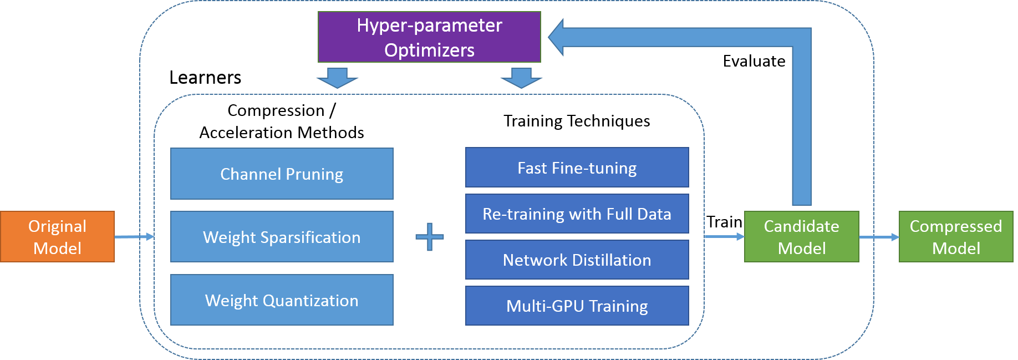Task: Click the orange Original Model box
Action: click(x=57, y=237)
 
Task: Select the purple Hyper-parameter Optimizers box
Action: click(x=429, y=37)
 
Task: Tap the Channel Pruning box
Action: click(x=282, y=174)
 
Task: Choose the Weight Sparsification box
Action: click(x=282, y=237)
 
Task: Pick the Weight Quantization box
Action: click(x=282, y=300)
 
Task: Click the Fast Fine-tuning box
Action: click(x=577, y=168)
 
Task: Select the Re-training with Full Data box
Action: click(x=577, y=214)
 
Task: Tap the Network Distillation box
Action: click(x=577, y=260)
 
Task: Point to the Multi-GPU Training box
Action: click(x=577, y=306)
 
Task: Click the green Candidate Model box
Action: click(x=801, y=237)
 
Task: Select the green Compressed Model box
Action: click(x=956, y=237)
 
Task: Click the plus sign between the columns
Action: click(x=430, y=237)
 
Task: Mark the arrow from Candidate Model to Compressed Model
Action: click(x=879, y=237)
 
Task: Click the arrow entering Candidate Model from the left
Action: click(x=724, y=237)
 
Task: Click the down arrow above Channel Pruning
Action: click(x=337, y=78)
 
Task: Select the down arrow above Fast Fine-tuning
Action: click(x=521, y=78)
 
